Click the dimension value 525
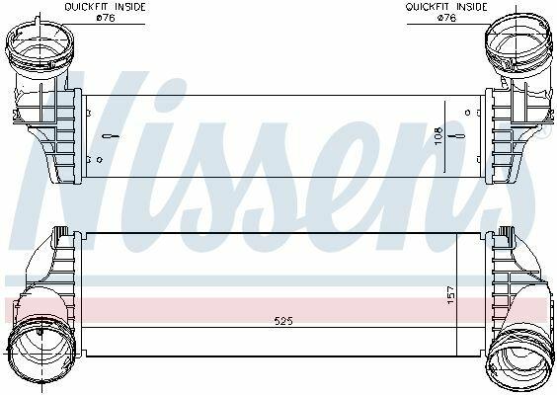click(x=283, y=321)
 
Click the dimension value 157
click(x=450, y=295)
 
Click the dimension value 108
click(x=438, y=135)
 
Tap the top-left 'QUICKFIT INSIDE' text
click(x=105, y=7)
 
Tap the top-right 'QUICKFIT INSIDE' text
click(x=446, y=7)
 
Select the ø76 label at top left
click(x=106, y=18)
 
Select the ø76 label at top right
click(x=446, y=18)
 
